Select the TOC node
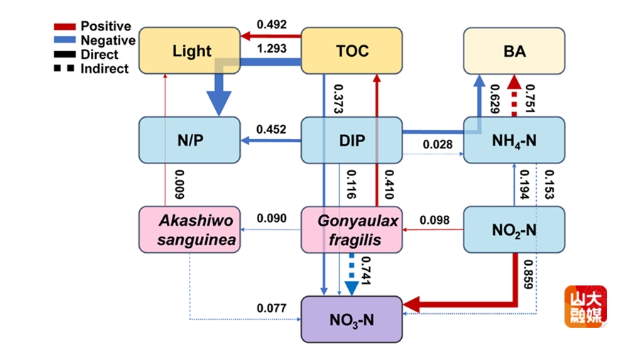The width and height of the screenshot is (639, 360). (x=351, y=50)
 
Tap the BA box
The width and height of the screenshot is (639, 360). (x=514, y=50)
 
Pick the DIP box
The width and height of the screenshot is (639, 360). (x=351, y=140)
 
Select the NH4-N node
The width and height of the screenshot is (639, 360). (x=514, y=140)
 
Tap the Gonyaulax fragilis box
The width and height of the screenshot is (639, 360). (x=351, y=229)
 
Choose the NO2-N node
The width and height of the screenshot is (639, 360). (x=514, y=229)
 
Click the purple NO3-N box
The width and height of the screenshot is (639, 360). (x=351, y=319)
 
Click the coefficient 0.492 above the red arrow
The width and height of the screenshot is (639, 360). (x=271, y=25)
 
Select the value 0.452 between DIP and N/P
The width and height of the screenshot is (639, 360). (x=271, y=129)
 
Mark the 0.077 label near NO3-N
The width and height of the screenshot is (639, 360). (x=271, y=308)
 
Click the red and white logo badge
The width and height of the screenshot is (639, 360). (x=586, y=307)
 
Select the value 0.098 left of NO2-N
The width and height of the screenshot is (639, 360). (x=434, y=219)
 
